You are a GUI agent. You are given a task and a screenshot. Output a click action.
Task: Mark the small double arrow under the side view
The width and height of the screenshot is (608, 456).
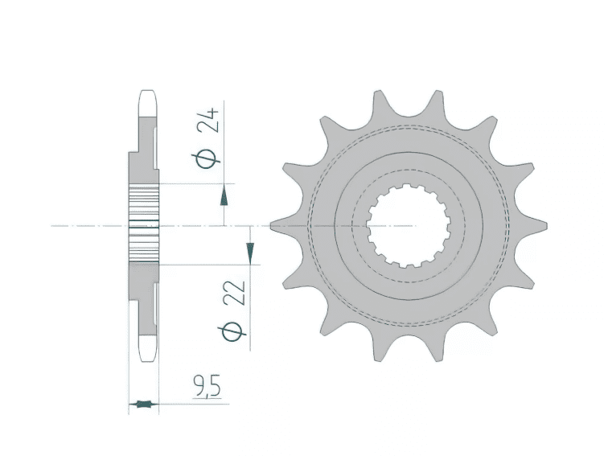pyautogui.click(x=144, y=403)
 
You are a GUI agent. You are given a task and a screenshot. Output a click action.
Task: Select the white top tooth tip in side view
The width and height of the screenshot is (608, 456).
pyautogui.click(x=146, y=101)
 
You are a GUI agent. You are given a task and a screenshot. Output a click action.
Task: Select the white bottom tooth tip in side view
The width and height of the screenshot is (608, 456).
pyautogui.click(x=146, y=347)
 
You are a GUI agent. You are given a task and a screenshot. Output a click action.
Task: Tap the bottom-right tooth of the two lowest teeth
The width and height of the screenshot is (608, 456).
pyautogui.click(x=437, y=351)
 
